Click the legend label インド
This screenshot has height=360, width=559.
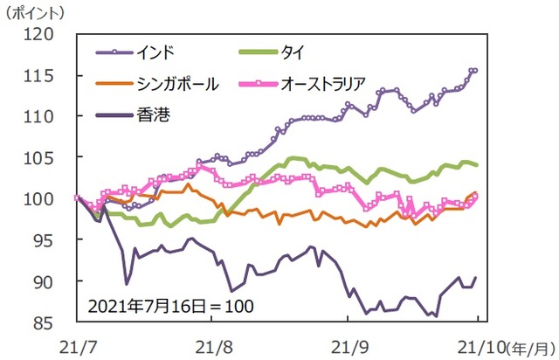156,52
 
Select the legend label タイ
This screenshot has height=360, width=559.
289,52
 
